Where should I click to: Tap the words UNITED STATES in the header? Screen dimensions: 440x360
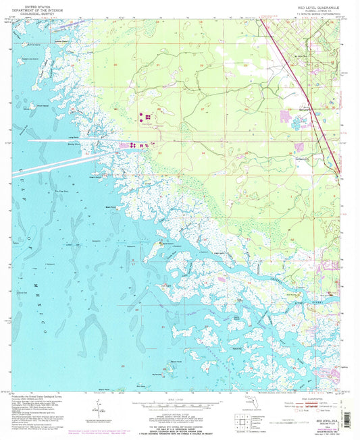point(35,4)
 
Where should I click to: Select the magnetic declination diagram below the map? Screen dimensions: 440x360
point(101,408)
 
